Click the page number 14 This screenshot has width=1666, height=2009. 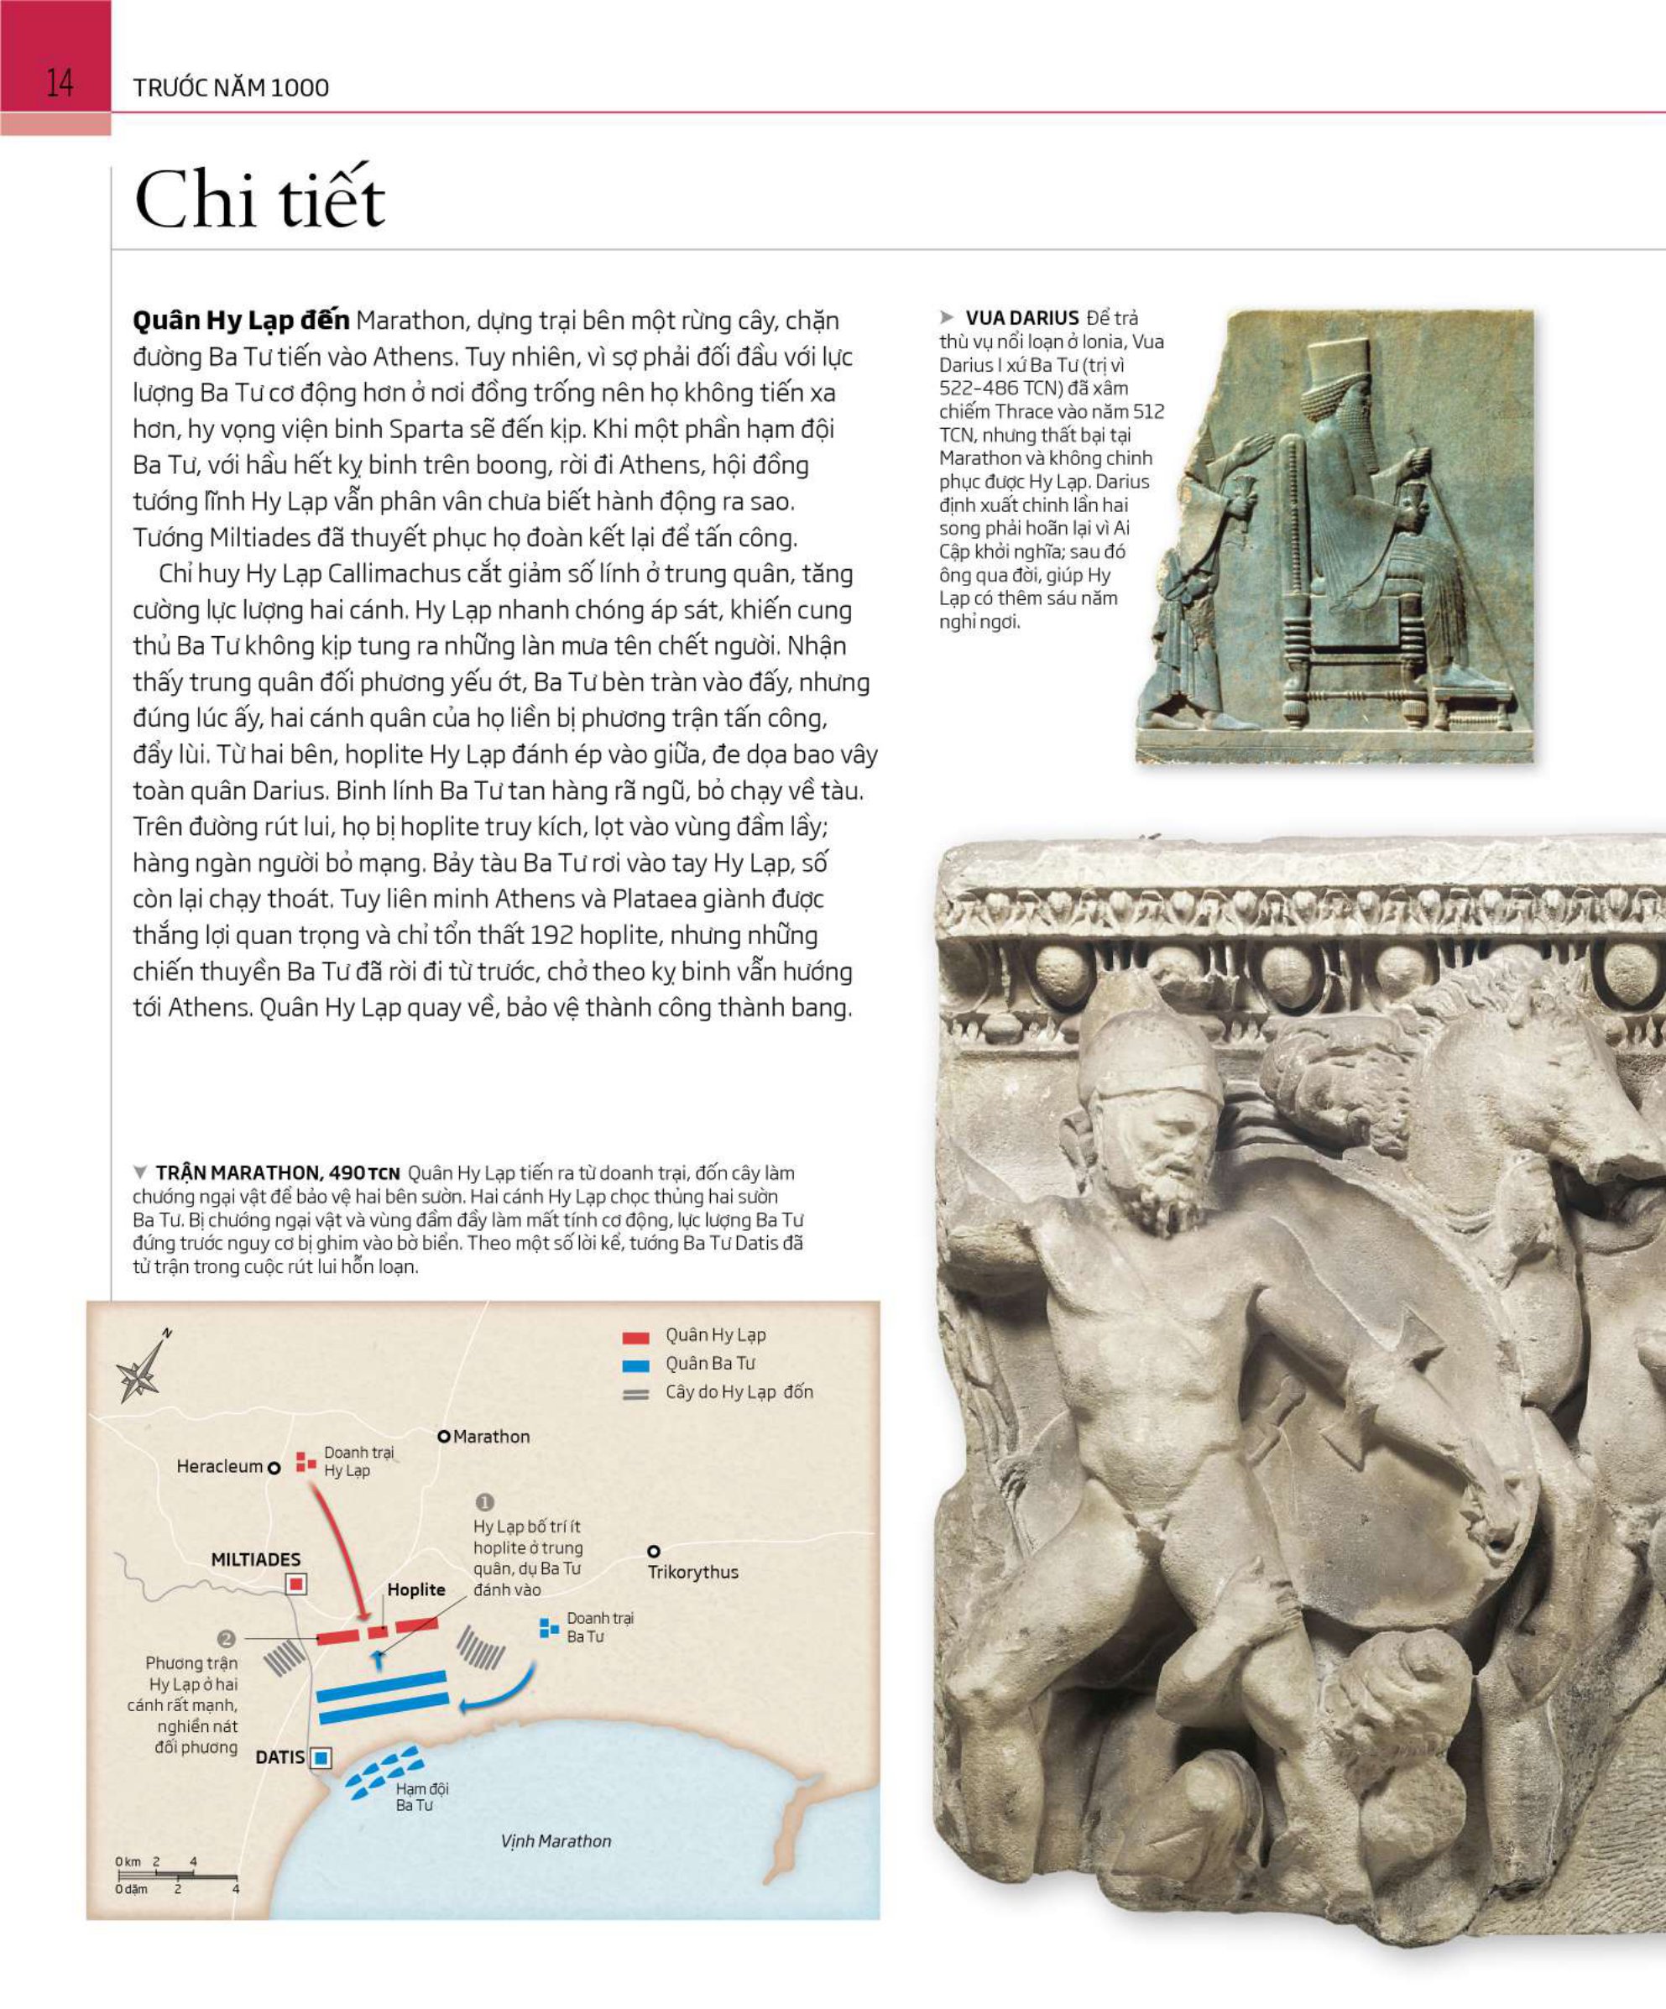tap(60, 83)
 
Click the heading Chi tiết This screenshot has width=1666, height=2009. tap(259, 200)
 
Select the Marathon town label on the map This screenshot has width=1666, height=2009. tap(491, 1436)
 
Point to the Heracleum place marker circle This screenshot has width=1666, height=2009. tap(274, 1468)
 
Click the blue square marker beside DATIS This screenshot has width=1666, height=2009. tap(321, 1757)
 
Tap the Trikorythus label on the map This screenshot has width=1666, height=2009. tap(692, 1572)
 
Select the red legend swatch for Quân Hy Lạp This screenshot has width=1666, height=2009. tap(635, 1338)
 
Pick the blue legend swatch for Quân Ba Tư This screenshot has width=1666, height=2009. tap(635, 1365)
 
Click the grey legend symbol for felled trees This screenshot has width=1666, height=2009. tap(635, 1394)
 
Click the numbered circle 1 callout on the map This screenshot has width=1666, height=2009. tap(485, 1502)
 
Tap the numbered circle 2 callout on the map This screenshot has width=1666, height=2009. tap(227, 1638)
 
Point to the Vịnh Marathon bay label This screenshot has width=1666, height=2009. tap(555, 1840)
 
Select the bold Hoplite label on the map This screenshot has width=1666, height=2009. tap(416, 1590)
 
